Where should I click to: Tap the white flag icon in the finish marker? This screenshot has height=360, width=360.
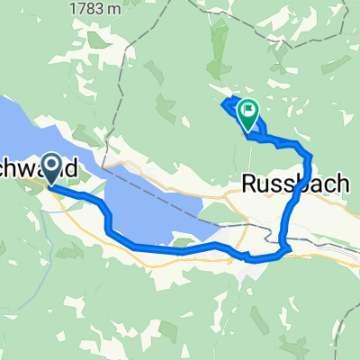[247, 112]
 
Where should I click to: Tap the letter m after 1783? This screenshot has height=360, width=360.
[99, 8]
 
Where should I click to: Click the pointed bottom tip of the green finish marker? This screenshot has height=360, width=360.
[247, 131]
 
